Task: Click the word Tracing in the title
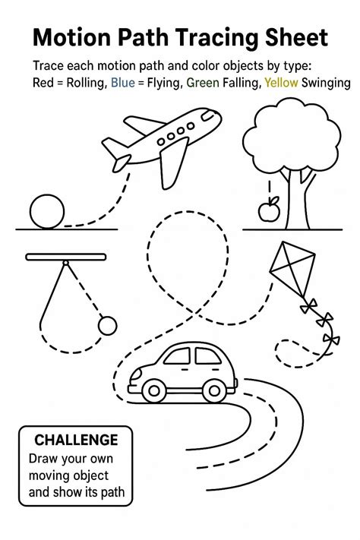217,39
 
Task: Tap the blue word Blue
122,83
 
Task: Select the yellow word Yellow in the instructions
281,83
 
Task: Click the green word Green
203,83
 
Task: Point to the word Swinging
326,84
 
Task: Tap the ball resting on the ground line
47,211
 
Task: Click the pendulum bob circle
108,326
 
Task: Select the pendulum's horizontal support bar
66,257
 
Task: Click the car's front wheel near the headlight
154,390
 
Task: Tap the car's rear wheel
214,390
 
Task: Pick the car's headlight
135,374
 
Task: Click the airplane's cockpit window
207,115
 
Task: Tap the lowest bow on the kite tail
331,339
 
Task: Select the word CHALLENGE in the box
76,440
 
